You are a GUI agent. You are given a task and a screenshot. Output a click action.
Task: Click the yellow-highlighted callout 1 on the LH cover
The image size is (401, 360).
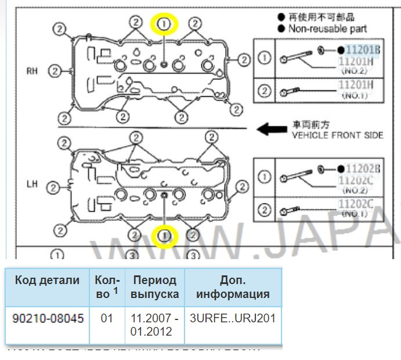click(165, 235)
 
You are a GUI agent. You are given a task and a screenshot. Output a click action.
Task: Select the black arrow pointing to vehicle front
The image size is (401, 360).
click(270, 129)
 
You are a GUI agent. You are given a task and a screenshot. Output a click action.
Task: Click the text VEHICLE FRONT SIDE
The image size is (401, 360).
click(337, 135)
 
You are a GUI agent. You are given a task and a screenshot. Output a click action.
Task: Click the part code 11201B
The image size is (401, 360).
click(363, 50)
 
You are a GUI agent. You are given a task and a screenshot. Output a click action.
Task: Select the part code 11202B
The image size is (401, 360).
click(363, 169)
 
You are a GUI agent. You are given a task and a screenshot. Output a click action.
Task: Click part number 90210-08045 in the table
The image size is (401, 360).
click(48, 318)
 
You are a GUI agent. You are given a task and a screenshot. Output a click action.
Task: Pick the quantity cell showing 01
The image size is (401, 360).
click(107, 318)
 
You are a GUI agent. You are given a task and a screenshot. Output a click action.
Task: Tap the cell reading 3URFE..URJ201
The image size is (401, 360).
click(232, 318)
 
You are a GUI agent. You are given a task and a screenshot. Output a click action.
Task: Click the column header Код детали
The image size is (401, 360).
click(47, 281)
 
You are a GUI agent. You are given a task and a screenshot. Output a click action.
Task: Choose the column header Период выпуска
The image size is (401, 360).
click(154, 287)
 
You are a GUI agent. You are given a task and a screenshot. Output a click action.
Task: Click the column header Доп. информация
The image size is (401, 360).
click(232, 287)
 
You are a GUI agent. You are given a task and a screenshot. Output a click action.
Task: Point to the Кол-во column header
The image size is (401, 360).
click(107, 287)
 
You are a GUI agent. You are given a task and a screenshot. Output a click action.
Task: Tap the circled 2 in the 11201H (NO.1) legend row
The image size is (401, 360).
click(264, 90)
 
